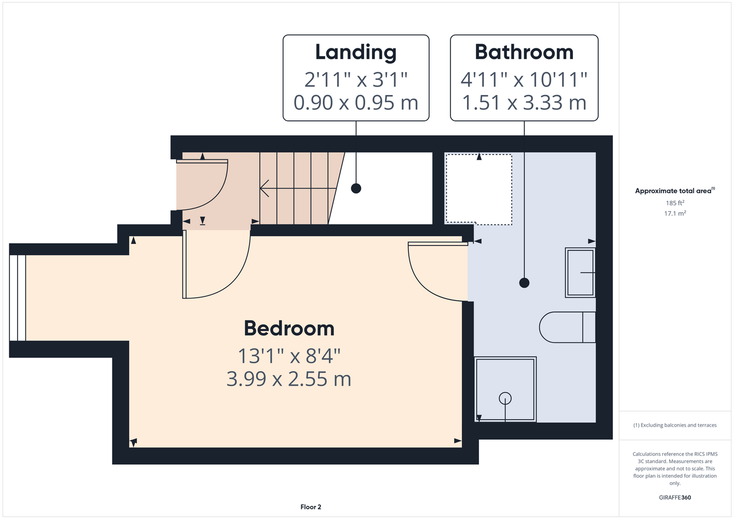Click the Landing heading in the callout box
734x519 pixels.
tap(356, 53)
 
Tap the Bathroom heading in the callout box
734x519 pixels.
tap(524, 52)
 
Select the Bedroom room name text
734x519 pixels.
tap(289, 328)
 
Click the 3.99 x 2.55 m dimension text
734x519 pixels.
tap(289, 379)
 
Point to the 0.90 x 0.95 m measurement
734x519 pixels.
tap(356, 102)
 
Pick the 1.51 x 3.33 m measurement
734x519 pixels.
tap(524, 102)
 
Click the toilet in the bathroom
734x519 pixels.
tap(567, 327)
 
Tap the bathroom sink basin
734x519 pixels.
tap(580, 272)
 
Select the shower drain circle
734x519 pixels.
tap(505, 399)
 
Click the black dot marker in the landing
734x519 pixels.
tap(356, 188)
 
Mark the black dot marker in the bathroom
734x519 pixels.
tap(524, 282)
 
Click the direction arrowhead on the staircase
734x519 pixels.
tap(264, 188)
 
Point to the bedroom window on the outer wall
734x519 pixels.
tap(17, 298)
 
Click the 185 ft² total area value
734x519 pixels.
tap(675, 203)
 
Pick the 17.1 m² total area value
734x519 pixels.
tap(675, 213)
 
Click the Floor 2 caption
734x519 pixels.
tap(311, 507)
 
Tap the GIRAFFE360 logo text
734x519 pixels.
tap(675, 497)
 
